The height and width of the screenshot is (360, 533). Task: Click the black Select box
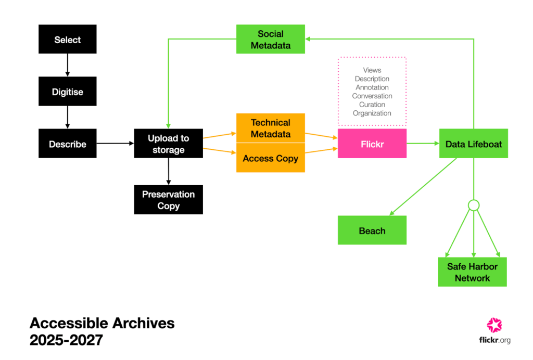[67, 39]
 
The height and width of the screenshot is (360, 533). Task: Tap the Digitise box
[67, 92]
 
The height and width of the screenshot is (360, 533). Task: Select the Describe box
[67, 144]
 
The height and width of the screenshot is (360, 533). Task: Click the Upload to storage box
[168, 144]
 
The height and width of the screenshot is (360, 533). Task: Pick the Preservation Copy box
[168, 200]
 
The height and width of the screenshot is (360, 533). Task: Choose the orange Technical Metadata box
[270, 128]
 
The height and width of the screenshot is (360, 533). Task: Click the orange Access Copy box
[270, 158]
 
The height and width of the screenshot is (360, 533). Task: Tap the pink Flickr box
[372, 144]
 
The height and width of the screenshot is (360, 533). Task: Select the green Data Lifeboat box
[473, 144]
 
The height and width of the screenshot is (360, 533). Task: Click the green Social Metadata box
[270, 39]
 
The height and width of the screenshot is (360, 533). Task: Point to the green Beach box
[372, 230]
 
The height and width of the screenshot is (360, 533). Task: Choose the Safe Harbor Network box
[472, 272]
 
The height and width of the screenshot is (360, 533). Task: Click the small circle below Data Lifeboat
[473, 205]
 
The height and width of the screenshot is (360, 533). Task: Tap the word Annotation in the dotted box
[372, 87]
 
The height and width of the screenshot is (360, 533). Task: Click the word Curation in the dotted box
[372, 105]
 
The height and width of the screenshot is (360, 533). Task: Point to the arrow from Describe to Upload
[115, 143]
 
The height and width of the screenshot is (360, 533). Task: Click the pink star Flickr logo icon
[494, 325]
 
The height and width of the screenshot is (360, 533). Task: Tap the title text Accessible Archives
[102, 323]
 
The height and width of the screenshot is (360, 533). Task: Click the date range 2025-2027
[66, 340]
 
